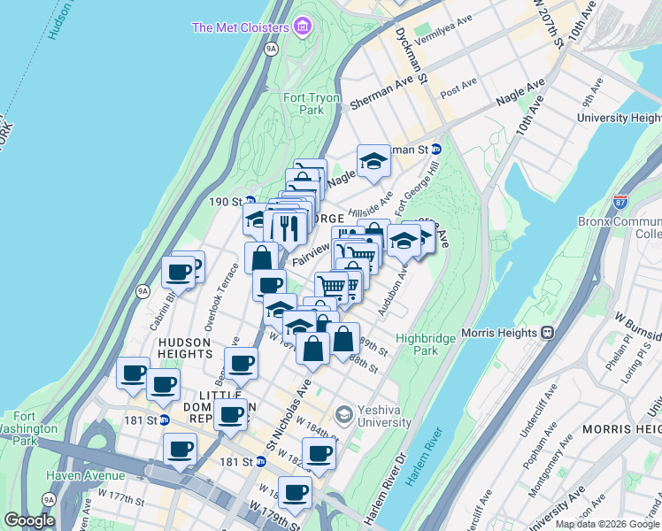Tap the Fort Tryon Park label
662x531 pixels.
click(304, 104)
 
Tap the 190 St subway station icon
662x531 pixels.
click(250, 202)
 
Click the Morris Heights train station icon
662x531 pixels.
click(547, 333)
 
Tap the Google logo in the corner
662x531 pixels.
click(29, 519)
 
